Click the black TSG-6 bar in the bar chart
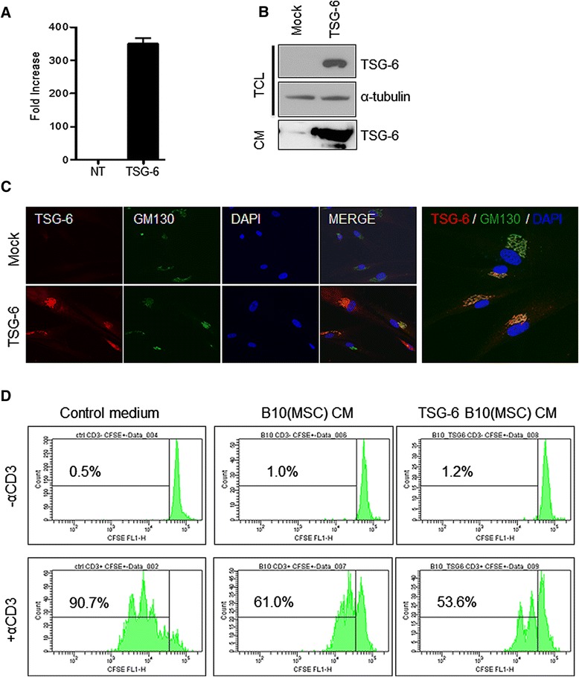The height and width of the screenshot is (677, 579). coord(131,101)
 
